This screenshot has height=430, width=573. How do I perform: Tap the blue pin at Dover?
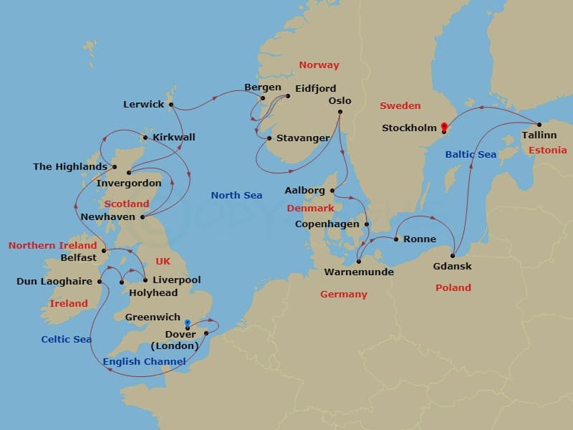pos(188,324)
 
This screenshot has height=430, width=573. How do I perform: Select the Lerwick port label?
pos(143,104)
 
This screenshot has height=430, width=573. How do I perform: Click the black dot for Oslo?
pos(340,111)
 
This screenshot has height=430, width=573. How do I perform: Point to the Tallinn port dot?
pos(539,124)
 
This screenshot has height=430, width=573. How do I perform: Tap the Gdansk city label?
pos(452,267)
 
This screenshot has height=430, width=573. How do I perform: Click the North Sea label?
pos(236,195)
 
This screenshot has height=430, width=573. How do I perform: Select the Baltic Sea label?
pos(471,154)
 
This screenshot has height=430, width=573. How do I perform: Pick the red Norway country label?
pos(319,64)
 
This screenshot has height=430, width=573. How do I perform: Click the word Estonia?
pos(547,150)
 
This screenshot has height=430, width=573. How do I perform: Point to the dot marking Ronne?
pos(396,239)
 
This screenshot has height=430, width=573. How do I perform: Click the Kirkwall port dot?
pos(145,138)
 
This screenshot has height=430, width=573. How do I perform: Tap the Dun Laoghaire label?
pos(54,282)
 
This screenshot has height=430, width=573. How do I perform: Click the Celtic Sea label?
pos(66,339)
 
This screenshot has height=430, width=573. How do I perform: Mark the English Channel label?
pos(144,361)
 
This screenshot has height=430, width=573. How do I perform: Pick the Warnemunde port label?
pos(359,272)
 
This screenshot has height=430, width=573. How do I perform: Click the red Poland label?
pos(453,287)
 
